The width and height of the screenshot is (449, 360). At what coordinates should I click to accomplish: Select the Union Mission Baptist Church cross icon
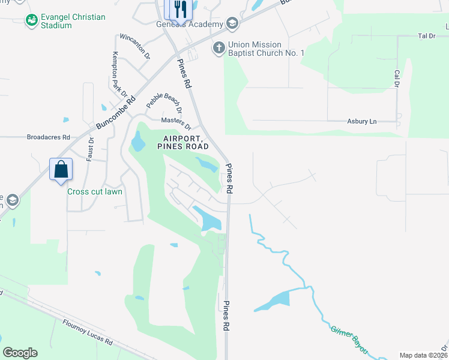[x=219, y=47]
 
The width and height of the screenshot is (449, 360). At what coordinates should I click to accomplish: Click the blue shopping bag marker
[x=61, y=169]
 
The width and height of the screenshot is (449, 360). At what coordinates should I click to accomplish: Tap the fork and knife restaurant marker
[x=179, y=9]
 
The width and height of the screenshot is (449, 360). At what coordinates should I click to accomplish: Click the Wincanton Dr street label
[x=134, y=46]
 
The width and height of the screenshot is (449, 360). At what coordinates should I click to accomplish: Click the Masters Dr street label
[x=176, y=123]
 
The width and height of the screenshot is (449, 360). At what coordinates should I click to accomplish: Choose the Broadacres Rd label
[x=49, y=137]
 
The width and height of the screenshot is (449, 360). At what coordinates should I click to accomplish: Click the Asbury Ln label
[x=361, y=121]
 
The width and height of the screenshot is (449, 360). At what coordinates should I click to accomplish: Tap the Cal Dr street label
[x=397, y=78]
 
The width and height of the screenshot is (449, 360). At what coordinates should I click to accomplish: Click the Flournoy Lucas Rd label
[x=88, y=332]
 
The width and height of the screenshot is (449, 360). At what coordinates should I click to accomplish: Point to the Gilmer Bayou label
[x=349, y=340]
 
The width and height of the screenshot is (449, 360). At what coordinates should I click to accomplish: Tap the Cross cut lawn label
[x=95, y=192]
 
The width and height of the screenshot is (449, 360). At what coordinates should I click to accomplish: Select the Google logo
[x=20, y=353]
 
